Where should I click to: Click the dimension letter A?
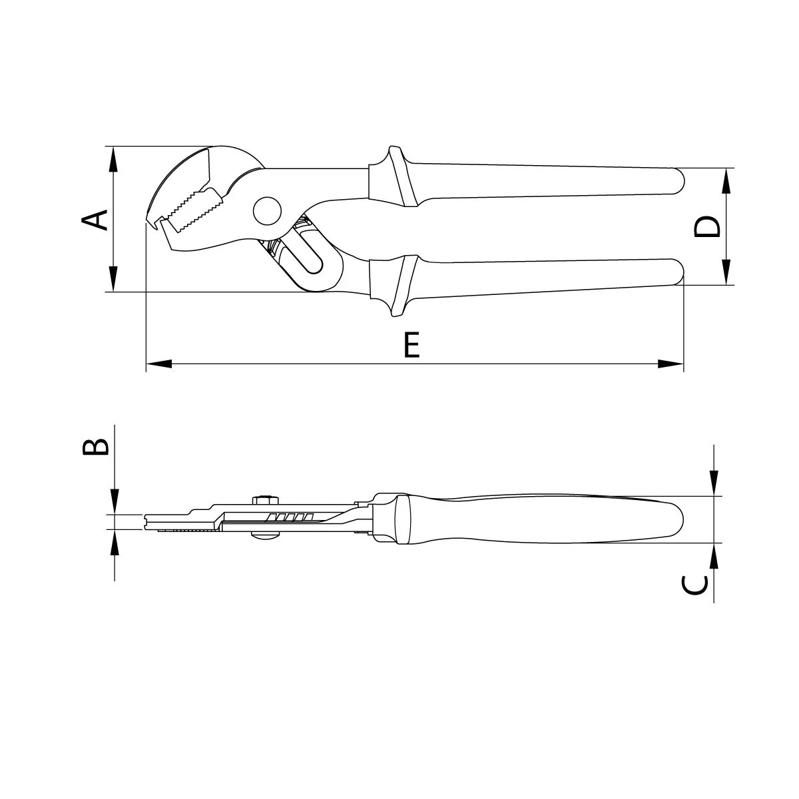(x=95, y=220)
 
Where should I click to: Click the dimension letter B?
(x=96, y=447)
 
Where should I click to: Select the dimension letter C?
(x=694, y=585)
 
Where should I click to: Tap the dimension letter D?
(x=707, y=227)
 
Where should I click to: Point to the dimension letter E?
(x=411, y=344)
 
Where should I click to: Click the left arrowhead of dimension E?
(x=159, y=364)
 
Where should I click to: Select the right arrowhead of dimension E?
(x=670, y=364)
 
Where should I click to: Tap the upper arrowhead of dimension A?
(x=113, y=159)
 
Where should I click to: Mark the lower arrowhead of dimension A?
(x=113, y=279)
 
